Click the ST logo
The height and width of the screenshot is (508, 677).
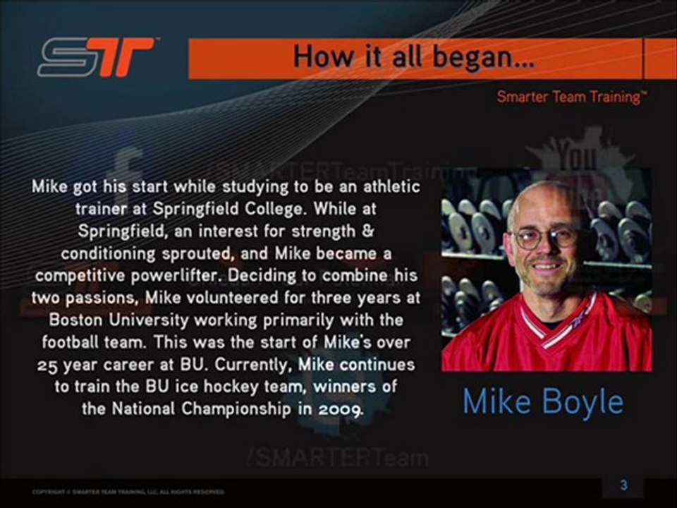pos(96,56)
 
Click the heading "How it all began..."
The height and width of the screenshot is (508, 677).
pos(413,56)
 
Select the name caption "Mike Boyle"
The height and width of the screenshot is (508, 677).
pos(543,402)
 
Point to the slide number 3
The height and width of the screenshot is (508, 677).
pos(623,485)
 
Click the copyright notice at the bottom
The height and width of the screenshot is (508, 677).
pos(128,491)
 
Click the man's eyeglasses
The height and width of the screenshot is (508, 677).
pos(545,236)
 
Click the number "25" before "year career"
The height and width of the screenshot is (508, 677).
pos(49,366)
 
